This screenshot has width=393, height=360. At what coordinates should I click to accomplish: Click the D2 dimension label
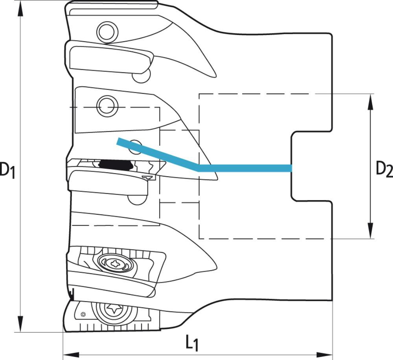384,169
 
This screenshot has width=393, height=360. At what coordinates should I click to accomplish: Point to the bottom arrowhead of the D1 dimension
20,324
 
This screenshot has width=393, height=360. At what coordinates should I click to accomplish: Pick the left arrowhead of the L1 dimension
71,355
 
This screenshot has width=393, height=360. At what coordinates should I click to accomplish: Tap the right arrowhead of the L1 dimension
324,355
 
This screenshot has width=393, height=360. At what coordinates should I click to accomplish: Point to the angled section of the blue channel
158,154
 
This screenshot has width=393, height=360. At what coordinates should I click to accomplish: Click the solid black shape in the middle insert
116,164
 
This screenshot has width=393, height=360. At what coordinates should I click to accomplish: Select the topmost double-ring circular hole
107,32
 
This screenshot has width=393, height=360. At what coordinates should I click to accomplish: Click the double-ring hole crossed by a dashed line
107,106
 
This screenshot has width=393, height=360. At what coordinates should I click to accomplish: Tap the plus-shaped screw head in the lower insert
115,263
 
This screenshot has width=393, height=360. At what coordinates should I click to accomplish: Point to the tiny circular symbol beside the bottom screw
83,314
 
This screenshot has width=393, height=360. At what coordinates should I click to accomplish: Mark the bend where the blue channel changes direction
199,168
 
